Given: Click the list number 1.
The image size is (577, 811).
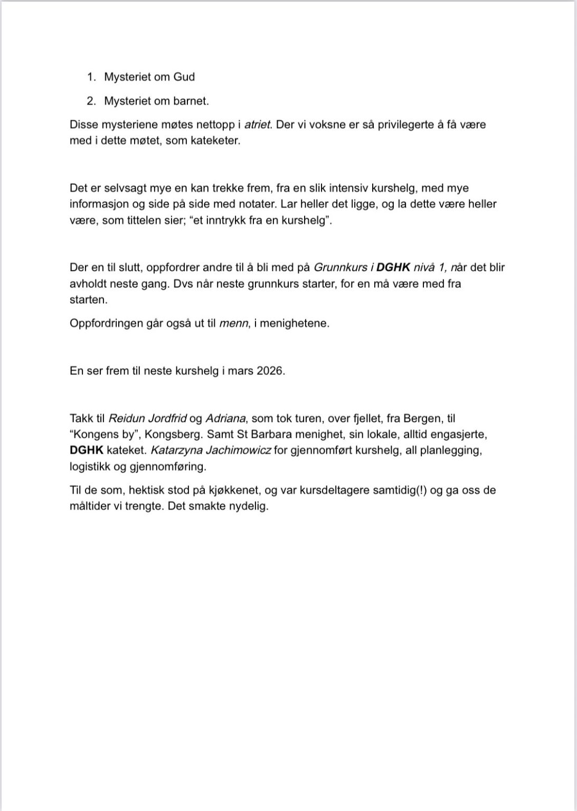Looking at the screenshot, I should [x=91, y=77].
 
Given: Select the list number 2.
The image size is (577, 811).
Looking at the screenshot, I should [x=91, y=101].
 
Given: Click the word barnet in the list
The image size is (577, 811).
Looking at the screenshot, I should [x=192, y=101].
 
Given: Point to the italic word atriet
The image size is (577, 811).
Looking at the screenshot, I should [x=258, y=125].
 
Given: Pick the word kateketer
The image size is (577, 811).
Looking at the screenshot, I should [x=216, y=142].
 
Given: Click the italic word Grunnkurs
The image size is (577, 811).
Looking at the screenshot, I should [x=340, y=268].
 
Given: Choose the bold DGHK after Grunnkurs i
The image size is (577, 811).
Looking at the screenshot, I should [x=393, y=268].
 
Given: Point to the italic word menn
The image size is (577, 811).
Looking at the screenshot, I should [x=233, y=323].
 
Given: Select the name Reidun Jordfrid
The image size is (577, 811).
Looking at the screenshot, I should [x=147, y=419].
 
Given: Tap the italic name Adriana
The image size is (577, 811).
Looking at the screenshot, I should [x=225, y=419].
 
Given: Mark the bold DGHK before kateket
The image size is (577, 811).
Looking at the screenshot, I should [x=87, y=451].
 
